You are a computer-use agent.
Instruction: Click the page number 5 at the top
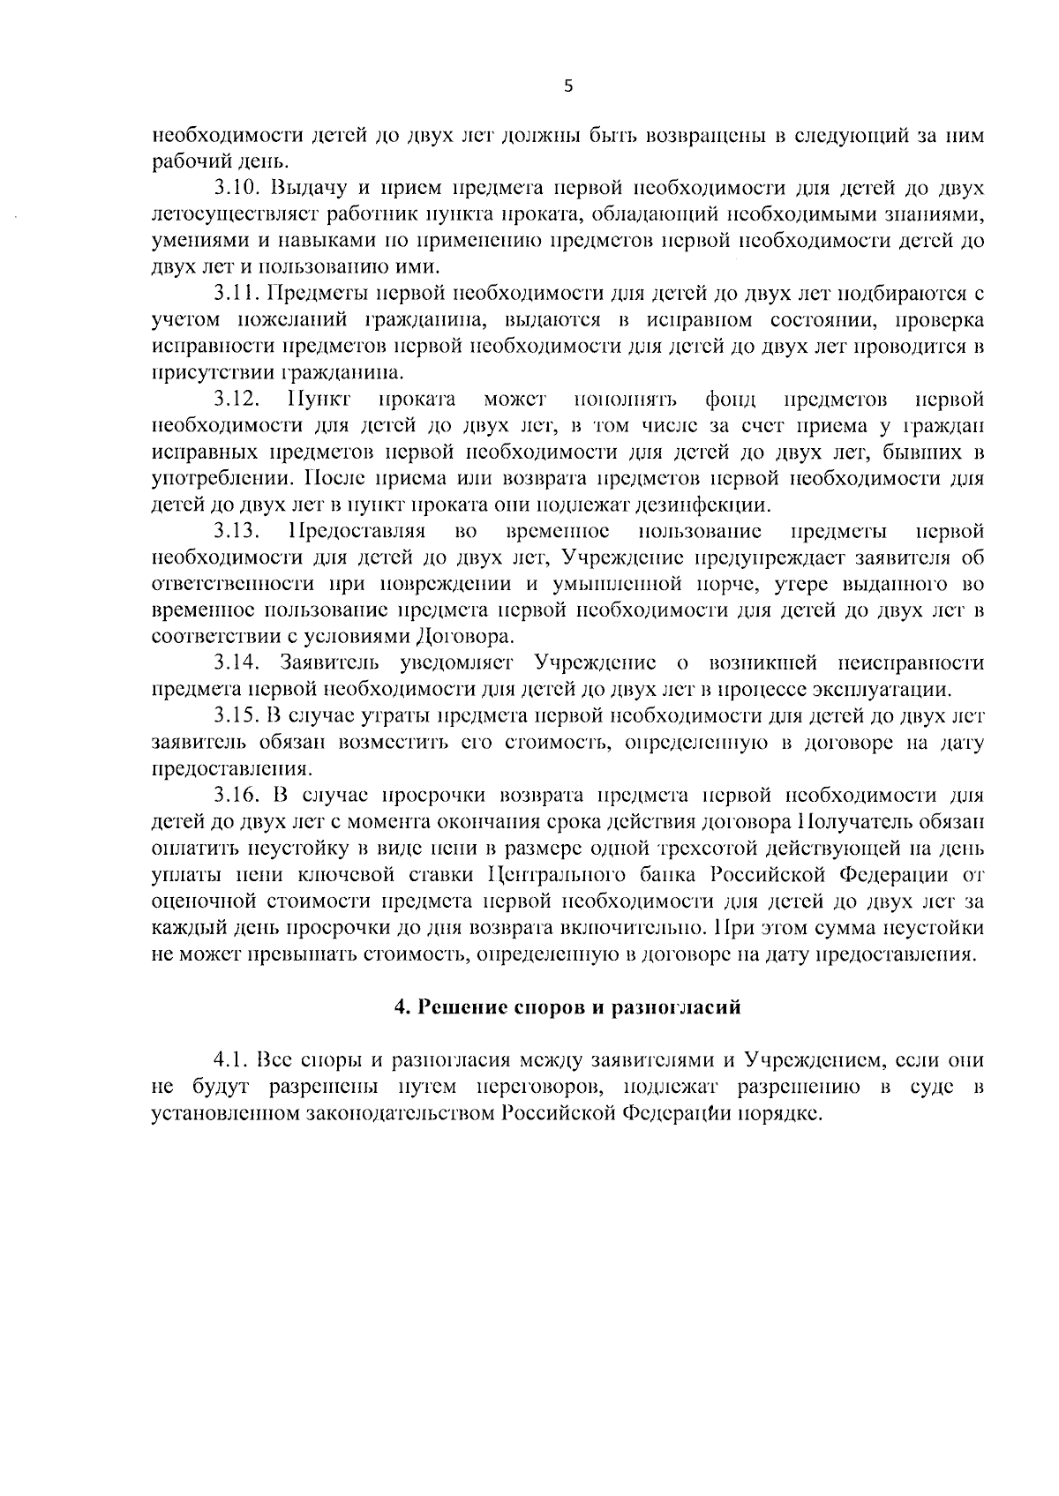567,86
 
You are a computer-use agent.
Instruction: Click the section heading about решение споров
567,1007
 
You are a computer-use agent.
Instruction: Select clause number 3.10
237,188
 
